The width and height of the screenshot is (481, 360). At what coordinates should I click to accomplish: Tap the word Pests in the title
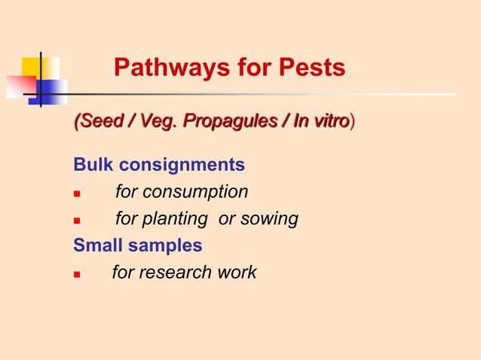pyautogui.click(x=311, y=69)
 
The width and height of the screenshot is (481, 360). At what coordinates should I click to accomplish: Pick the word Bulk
pyautogui.click(x=93, y=165)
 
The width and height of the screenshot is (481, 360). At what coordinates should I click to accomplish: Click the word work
pyautogui.click(x=236, y=273)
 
